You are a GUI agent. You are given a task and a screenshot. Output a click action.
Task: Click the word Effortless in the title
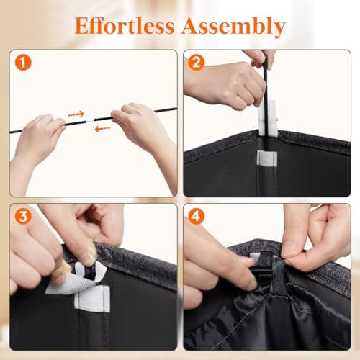[125, 26]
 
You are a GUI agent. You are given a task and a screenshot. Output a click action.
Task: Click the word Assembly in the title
[233, 27]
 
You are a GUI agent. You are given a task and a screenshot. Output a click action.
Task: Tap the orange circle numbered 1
[23, 63]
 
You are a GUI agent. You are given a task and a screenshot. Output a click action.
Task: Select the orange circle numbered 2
[197, 63]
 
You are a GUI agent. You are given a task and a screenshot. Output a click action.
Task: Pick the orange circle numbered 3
[23, 216]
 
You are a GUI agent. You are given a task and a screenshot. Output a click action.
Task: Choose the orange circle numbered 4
[197, 216]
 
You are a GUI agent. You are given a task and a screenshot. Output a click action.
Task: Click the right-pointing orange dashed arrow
[76, 114]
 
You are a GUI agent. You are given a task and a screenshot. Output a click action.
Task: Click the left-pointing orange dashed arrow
[102, 129]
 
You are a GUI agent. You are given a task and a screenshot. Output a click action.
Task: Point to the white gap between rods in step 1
[90, 120]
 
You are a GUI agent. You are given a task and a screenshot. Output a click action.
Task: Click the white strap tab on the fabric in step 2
[266, 158]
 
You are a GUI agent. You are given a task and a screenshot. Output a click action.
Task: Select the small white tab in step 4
[255, 257]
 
